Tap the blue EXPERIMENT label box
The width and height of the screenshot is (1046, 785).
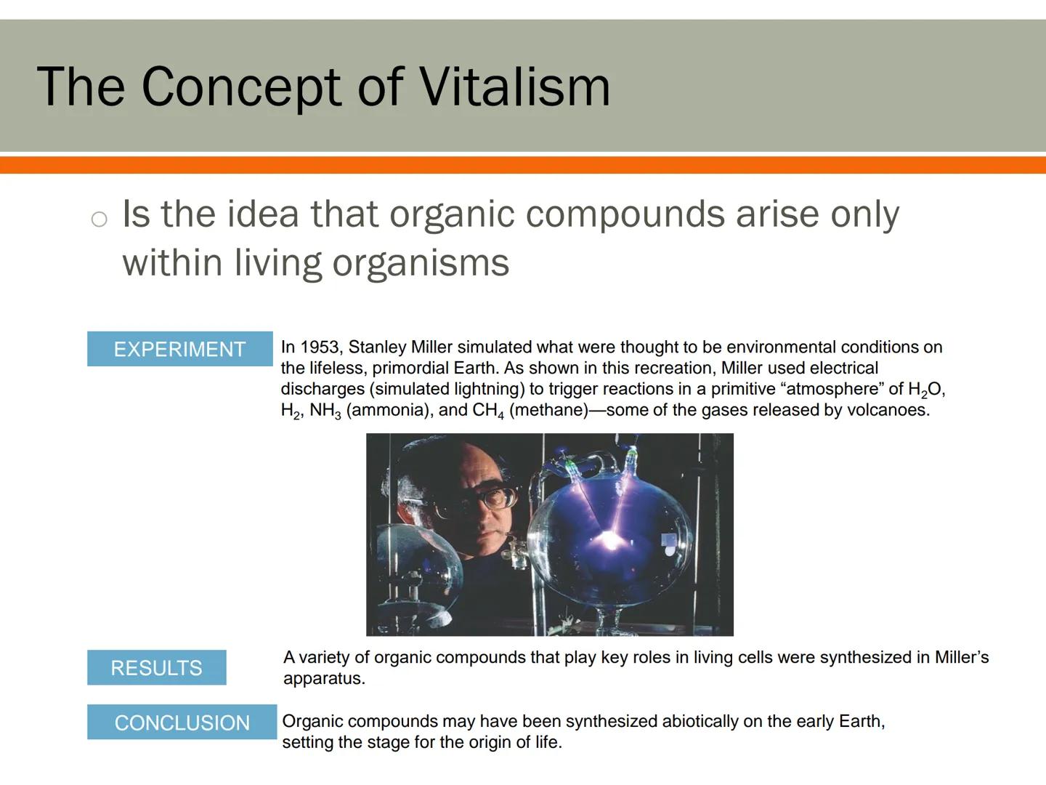(179, 349)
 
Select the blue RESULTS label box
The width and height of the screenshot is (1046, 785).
(156, 667)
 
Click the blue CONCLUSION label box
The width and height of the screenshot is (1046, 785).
(182, 722)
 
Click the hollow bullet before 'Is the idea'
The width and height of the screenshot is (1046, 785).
(100, 219)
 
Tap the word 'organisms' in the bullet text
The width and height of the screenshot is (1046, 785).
(421, 262)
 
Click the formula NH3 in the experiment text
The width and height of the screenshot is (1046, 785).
(325, 411)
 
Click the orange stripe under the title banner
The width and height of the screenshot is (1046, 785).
(523, 165)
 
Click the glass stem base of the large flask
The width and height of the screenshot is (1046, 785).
(609, 621)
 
